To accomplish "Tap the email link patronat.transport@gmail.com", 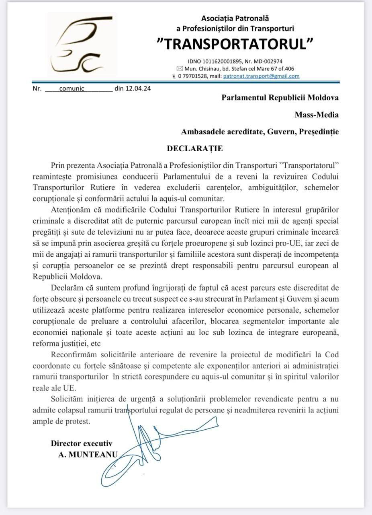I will (261, 76).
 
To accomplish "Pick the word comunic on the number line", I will (72, 89).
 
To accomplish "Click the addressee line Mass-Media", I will (317, 115).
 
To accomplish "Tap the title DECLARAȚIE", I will (195, 148).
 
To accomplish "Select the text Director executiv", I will (82, 443).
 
